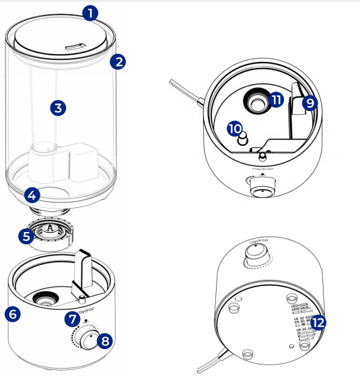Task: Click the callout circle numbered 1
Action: (90, 12)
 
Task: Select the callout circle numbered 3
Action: (59, 107)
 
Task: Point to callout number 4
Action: (32, 196)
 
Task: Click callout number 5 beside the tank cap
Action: (26, 236)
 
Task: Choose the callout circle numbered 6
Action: (13, 313)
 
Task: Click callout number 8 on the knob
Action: (104, 340)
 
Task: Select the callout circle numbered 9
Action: (309, 102)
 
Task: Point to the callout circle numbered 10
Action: (234, 128)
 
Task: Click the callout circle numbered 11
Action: (276, 100)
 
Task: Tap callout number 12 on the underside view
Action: (318, 322)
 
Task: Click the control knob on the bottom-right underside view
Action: (255, 254)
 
